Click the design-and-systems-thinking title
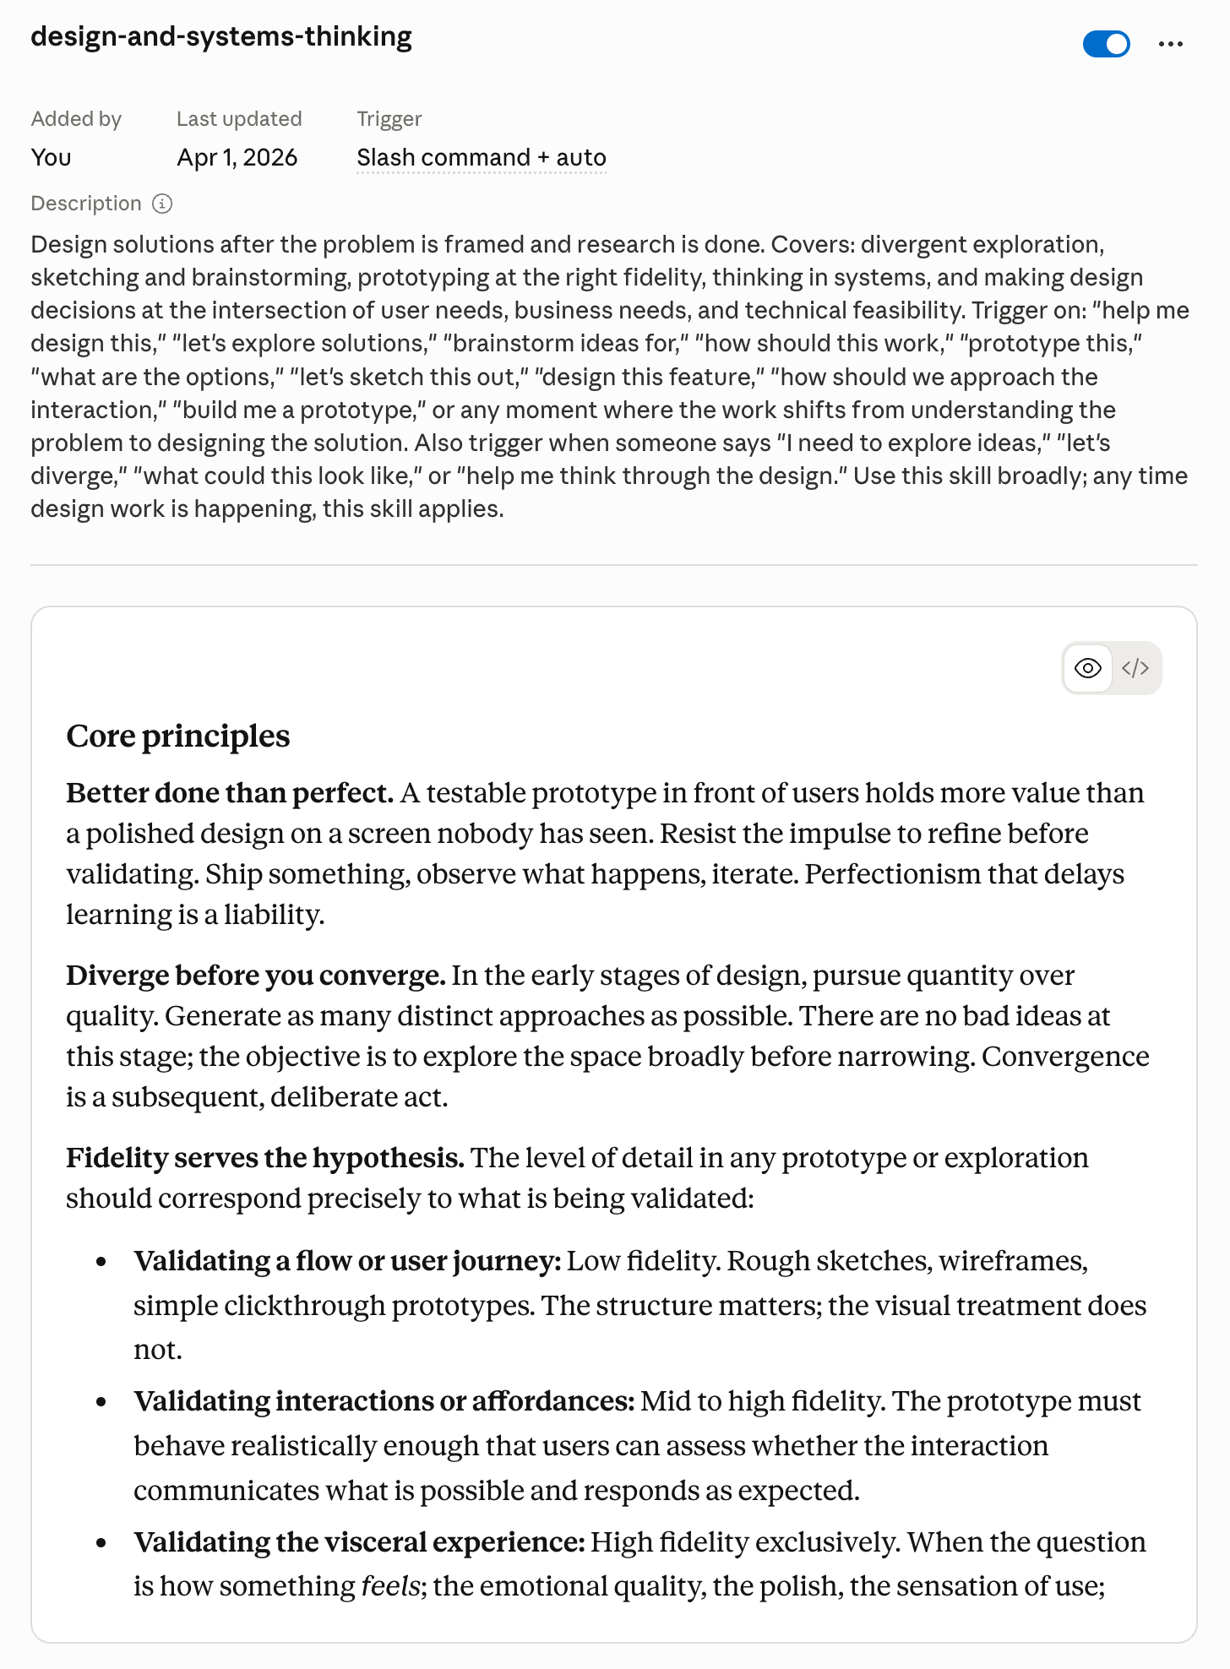pos(221,37)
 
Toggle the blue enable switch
pos(1106,44)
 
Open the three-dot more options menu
pos(1170,44)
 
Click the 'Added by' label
pos(76,119)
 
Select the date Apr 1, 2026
pos(237,158)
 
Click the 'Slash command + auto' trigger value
pos(481,158)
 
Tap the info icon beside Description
pos(162,204)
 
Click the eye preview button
pos(1087,668)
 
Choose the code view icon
pos(1135,668)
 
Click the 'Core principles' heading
pos(177,737)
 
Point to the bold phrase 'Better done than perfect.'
pos(230,793)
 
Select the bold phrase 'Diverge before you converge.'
pos(255,976)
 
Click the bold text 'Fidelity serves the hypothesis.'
pos(264,1158)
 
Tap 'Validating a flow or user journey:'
pos(347,1261)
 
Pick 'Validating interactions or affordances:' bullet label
pos(384,1401)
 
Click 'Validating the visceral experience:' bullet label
pos(359,1542)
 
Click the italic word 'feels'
pos(389,1586)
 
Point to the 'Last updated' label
pos(239,119)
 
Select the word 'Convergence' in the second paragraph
pos(1064,1057)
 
